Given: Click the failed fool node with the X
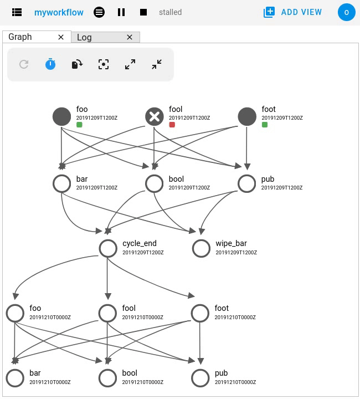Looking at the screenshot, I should pyautogui.click(x=155, y=116).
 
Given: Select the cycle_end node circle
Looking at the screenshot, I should pyautogui.click(x=108, y=248).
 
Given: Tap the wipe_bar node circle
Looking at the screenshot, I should pyautogui.click(x=201, y=248).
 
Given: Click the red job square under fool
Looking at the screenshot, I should pyautogui.click(x=172, y=125).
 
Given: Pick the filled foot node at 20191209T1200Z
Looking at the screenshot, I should pyautogui.click(x=247, y=116).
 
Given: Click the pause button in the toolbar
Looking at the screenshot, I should pyautogui.click(x=121, y=12).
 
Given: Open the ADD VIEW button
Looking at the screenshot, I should pyautogui.click(x=293, y=12).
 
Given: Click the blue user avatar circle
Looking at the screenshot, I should pyautogui.click(x=346, y=12).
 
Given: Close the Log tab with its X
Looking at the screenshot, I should pyautogui.click(x=130, y=37).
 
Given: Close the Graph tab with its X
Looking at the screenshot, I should pyautogui.click(x=61, y=37).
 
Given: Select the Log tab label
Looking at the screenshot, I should pyautogui.click(x=85, y=37).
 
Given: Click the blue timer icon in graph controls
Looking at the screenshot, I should pyautogui.click(x=50, y=64).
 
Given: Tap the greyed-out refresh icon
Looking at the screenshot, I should pyautogui.click(x=24, y=64).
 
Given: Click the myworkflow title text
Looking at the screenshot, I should pyautogui.click(x=59, y=12).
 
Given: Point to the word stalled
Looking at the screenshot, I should pyautogui.click(x=170, y=12).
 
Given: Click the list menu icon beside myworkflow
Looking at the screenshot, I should pyautogui.click(x=17, y=12).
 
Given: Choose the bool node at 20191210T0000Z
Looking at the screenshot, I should pyautogui.click(x=108, y=377).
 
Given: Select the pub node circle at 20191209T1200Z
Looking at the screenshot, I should pyautogui.click(x=247, y=183).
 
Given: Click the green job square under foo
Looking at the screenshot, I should pyautogui.click(x=79, y=125).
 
